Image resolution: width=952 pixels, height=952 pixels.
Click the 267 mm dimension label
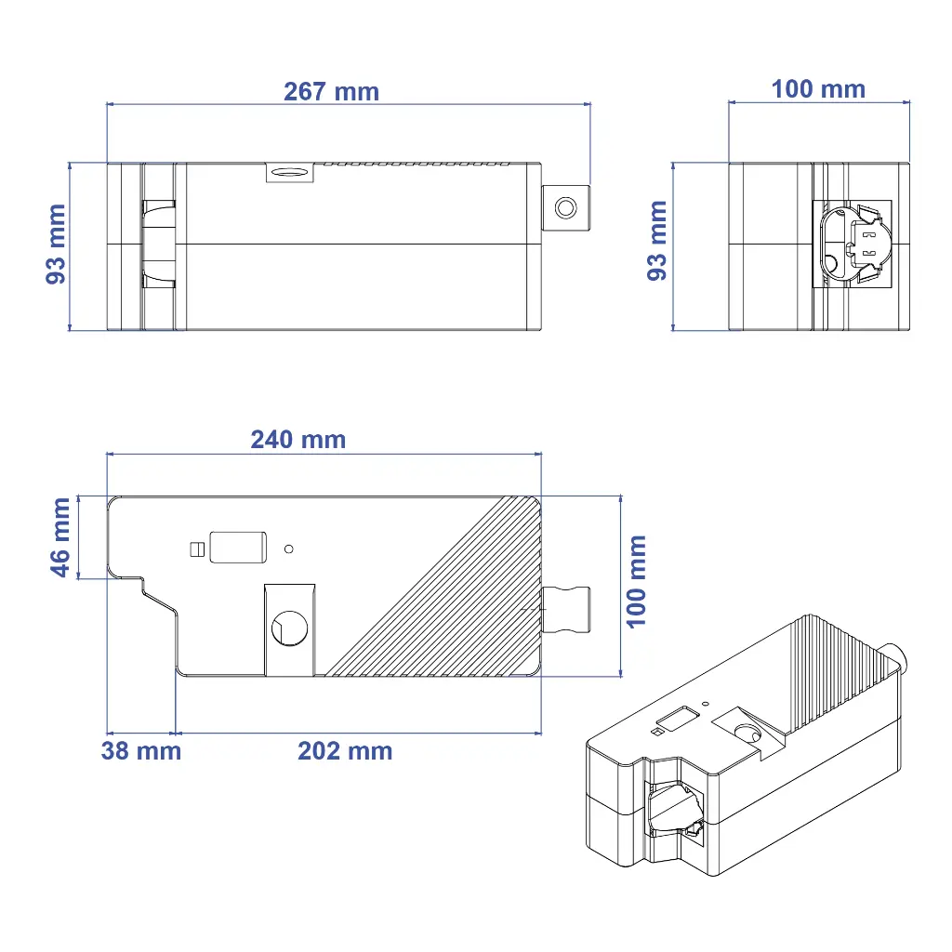click(x=331, y=91)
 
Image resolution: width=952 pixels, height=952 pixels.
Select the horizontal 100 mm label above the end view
click(x=818, y=89)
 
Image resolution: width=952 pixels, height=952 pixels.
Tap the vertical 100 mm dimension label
click(x=637, y=580)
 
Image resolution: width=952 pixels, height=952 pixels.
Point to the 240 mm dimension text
click(x=297, y=440)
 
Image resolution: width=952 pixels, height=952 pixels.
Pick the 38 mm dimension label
click(x=140, y=751)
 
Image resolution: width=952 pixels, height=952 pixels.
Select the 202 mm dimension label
click(x=345, y=751)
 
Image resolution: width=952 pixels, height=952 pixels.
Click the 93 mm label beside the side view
click(x=56, y=244)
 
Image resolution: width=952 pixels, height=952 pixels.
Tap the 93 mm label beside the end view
click(x=657, y=240)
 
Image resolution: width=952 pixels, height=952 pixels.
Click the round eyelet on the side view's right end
click(x=565, y=206)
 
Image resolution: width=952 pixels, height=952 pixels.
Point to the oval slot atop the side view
click(x=289, y=171)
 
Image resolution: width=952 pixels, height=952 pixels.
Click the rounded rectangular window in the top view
click(x=239, y=548)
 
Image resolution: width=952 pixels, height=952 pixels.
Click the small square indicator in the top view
click(x=195, y=549)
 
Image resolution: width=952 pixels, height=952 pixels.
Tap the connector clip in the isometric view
click(x=671, y=806)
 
